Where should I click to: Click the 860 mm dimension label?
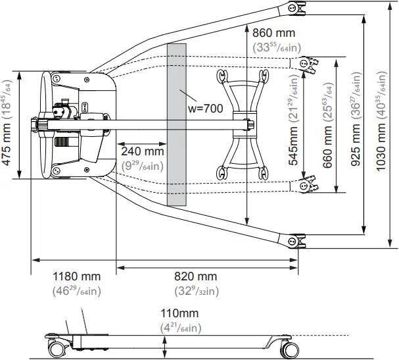point(273,32)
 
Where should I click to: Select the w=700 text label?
point(205,107)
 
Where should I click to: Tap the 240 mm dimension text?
point(142,151)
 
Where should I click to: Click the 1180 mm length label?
point(76,276)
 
